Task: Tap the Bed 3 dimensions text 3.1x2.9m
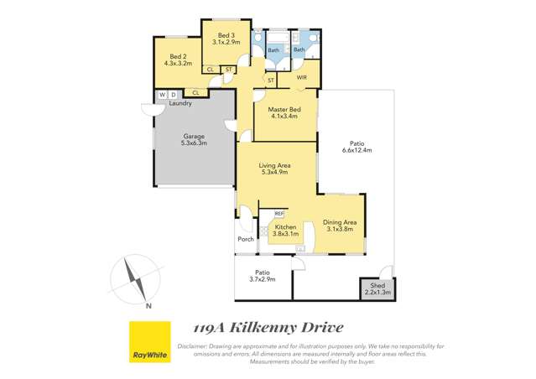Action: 226,42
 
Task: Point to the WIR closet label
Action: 302,77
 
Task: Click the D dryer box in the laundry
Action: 173,95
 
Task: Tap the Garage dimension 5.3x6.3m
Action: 193,143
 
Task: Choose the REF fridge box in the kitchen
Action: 279,214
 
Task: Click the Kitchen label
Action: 286,227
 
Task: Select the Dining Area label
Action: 340,222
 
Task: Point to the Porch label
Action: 246,239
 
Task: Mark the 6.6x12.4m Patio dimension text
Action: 356,150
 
